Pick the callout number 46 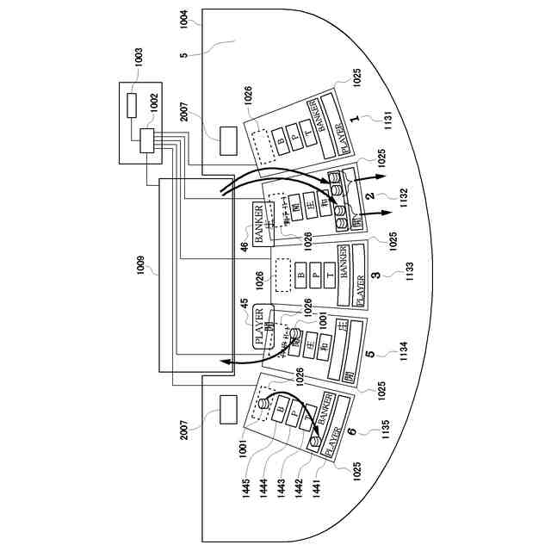click(x=245, y=247)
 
